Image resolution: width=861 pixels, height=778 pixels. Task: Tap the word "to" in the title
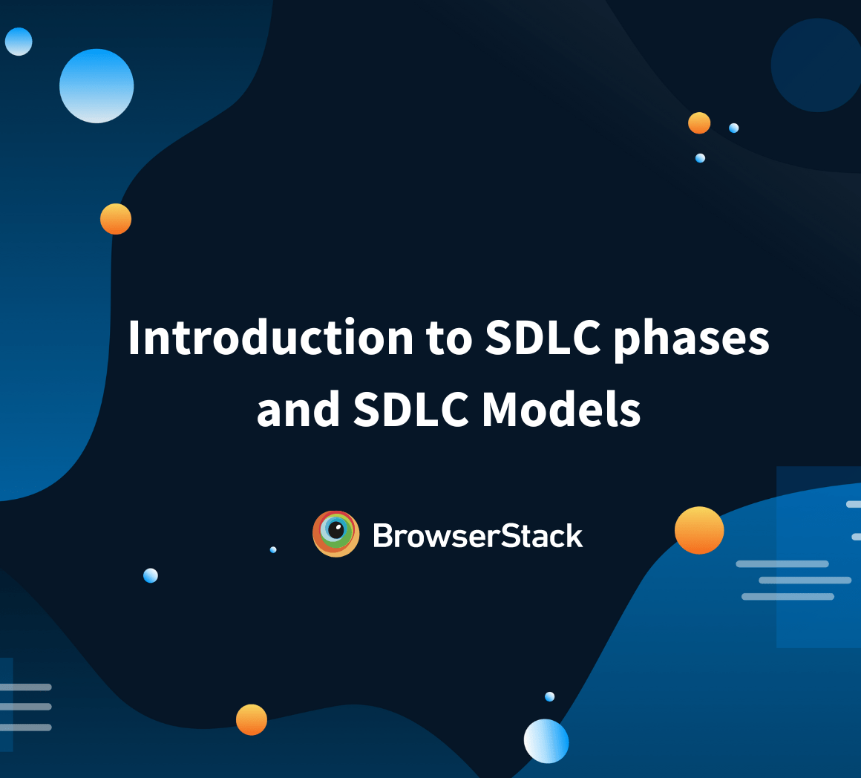pos(448,339)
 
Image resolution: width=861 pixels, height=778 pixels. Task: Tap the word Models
pos(561,409)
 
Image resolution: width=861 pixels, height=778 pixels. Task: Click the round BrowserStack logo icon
pos(336,534)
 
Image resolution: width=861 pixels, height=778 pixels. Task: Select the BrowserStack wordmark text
pos(478,535)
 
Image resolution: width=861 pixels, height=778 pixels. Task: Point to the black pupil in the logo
pos(336,531)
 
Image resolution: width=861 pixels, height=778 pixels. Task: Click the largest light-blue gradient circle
pos(96,85)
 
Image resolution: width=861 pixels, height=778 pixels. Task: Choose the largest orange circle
pos(699,530)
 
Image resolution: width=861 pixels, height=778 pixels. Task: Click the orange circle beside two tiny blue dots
pos(699,123)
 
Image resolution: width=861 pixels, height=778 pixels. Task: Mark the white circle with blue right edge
pos(546,741)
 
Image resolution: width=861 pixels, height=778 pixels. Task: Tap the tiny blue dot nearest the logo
pos(273,549)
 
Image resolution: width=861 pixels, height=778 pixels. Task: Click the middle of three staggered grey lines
pos(805,580)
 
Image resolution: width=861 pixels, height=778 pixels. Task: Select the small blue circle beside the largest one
pos(19,42)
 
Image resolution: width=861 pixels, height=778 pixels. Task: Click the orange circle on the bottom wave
pos(252,719)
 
